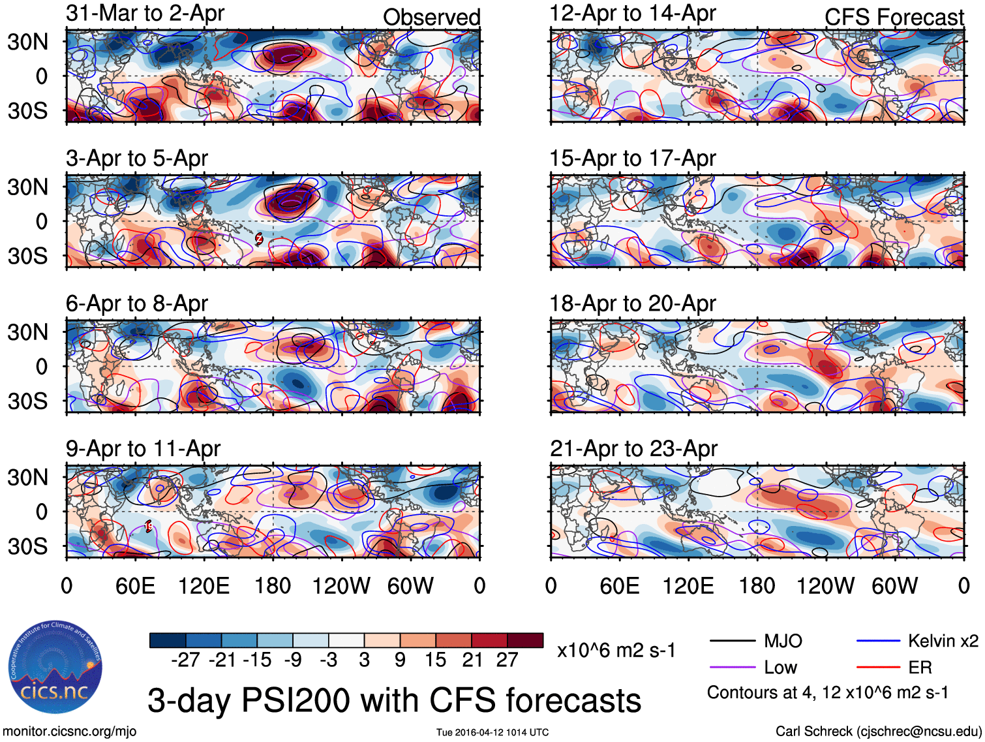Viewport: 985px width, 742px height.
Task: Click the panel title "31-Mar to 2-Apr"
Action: (x=145, y=13)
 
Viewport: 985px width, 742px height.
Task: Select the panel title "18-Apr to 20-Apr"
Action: (x=633, y=303)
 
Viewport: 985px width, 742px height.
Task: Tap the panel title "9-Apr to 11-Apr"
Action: (x=143, y=448)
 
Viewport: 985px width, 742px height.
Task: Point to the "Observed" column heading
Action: (x=431, y=18)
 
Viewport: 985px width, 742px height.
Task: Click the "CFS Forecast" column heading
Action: (x=894, y=18)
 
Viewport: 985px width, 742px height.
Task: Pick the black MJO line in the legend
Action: (x=732, y=641)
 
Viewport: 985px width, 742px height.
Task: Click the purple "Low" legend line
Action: (x=732, y=667)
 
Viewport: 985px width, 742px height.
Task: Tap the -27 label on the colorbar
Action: (x=185, y=660)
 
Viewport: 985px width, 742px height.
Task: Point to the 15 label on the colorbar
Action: (x=435, y=660)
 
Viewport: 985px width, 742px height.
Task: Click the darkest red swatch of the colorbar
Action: (x=525, y=640)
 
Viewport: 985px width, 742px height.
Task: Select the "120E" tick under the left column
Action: (x=204, y=585)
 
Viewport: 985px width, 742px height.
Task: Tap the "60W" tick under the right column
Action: (x=894, y=585)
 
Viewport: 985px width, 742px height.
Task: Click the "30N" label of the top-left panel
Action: (x=27, y=42)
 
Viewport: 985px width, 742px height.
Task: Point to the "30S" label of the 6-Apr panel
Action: (x=27, y=401)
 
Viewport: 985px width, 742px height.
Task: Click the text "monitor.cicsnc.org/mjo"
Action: (x=70, y=731)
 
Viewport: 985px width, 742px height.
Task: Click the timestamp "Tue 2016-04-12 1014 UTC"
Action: (x=492, y=732)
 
